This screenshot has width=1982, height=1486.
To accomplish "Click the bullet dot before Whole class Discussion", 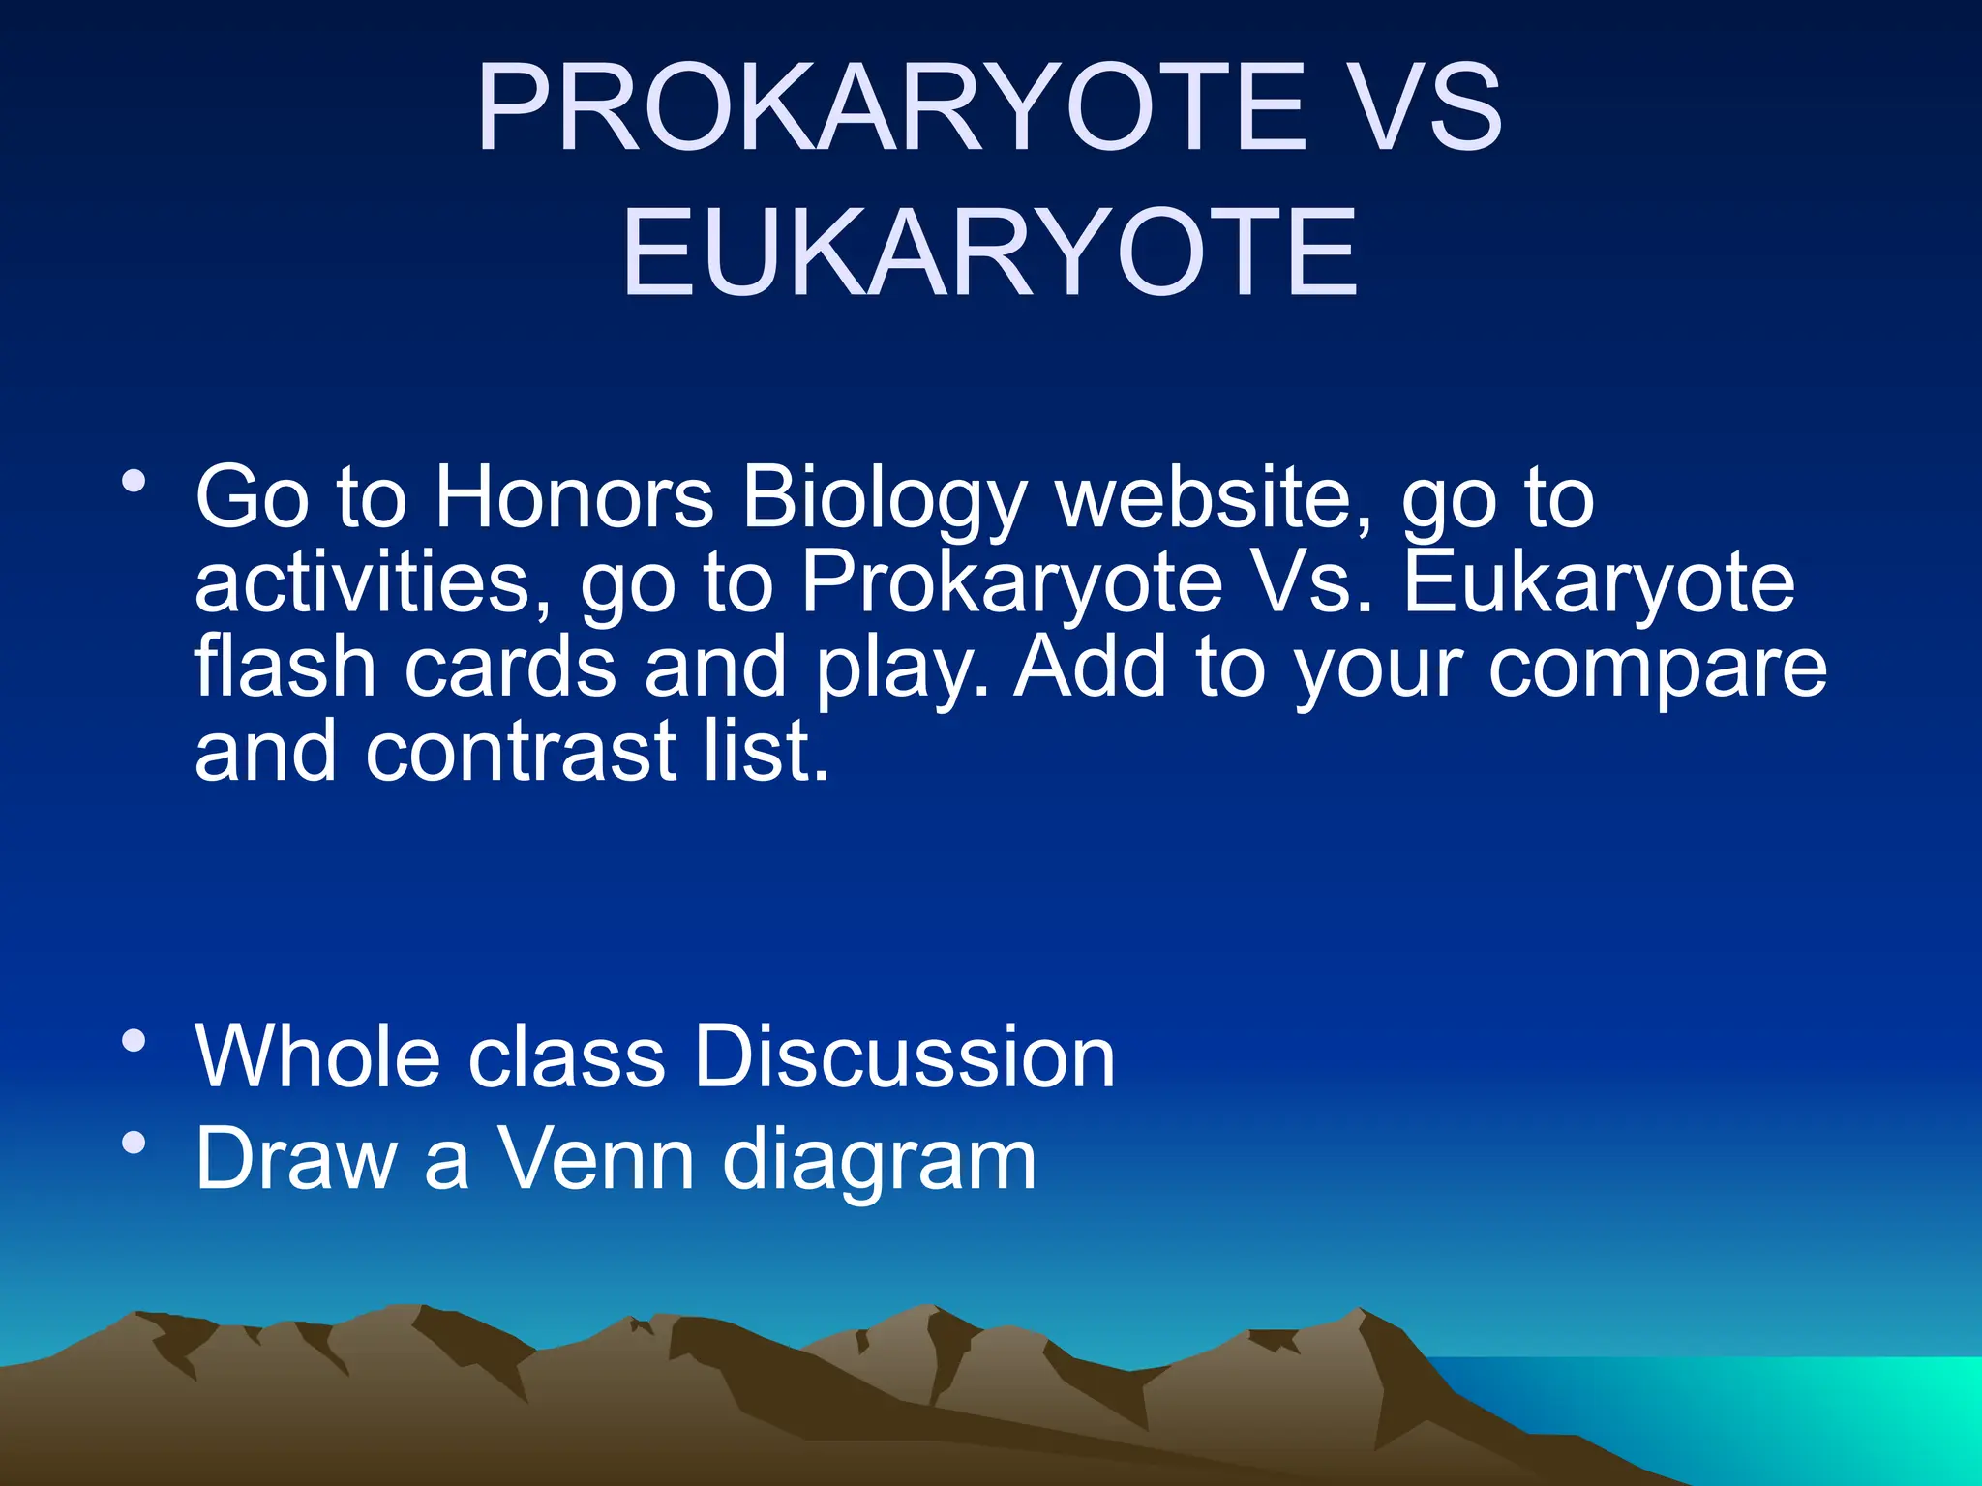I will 134,1041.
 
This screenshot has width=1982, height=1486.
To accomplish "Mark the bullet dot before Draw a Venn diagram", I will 134,1144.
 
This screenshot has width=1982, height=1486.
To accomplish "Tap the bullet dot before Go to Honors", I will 134,481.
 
